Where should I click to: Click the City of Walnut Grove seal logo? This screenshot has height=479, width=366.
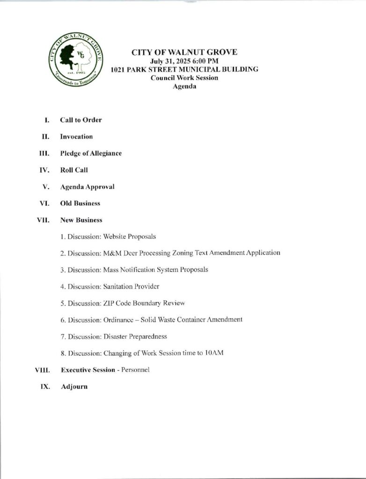[76, 58]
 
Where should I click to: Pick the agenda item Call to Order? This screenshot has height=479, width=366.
[81, 120]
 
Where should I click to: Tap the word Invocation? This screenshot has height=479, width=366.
[76, 137]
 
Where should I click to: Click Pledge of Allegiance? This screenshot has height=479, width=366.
[91, 153]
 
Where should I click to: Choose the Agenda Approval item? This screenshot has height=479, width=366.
[87, 187]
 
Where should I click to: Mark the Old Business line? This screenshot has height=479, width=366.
[80, 203]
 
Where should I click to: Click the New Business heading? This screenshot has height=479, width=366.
[81, 220]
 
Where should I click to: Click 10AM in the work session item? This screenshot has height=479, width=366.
[214, 353]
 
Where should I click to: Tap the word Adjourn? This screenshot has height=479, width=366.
[74, 387]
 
